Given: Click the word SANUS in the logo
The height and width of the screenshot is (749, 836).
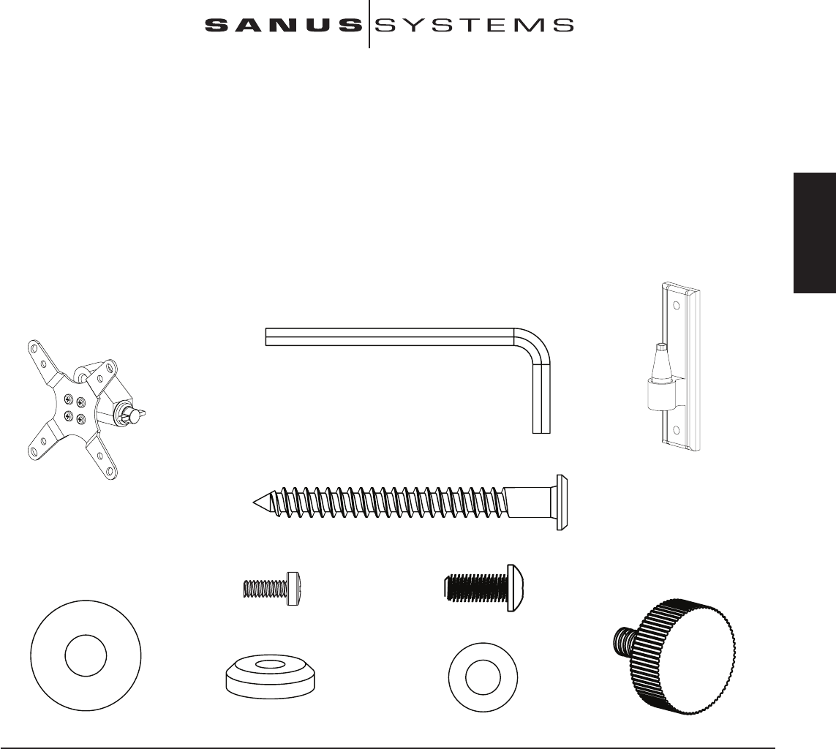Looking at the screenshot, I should pyautogui.click(x=283, y=26).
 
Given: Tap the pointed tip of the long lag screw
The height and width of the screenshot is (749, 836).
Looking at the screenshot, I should pyautogui.click(x=255, y=502).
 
